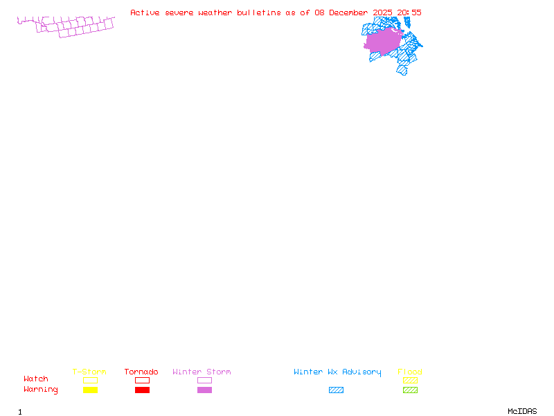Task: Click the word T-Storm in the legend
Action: click(x=89, y=372)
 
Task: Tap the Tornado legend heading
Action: click(x=141, y=372)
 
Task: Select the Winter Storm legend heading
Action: click(x=202, y=372)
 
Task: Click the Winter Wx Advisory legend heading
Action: click(x=337, y=372)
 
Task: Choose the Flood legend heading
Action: click(x=410, y=372)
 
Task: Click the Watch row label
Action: click(x=36, y=379)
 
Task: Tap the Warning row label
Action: click(x=41, y=390)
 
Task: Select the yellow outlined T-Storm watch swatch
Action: click(x=90, y=380)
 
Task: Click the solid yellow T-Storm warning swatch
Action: click(x=90, y=390)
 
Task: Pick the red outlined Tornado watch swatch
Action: click(x=142, y=380)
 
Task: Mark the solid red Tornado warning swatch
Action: click(x=142, y=390)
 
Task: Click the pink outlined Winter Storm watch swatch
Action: click(x=204, y=380)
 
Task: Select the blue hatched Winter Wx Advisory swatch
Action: click(x=336, y=390)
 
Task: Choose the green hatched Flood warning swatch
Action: click(x=410, y=390)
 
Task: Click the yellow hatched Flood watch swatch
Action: click(x=410, y=380)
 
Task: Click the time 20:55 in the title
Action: click(x=409, y=12)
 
